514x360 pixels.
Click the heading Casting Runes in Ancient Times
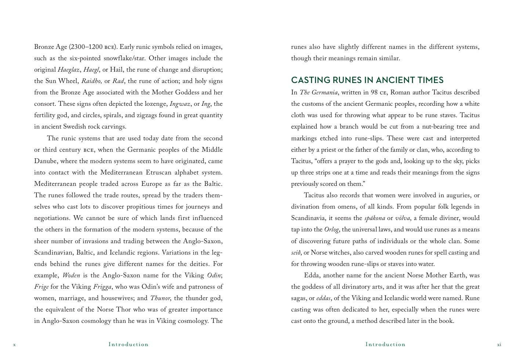pyautogui.click(x=367, y=80)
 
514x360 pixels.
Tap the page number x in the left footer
pyautogui.click(x=14, y=345)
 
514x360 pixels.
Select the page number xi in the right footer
pyautogui.click(x=499, y=345)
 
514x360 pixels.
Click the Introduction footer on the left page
pyautogui.click(x=128, y=345)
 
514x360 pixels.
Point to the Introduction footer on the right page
pyautogui.click(x=385, y=345)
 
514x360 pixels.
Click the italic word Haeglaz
pyautogui.click(x=69, y=70)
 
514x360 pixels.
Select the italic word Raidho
pyautogui.click(x=91, y=81)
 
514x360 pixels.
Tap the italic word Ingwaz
pyautogui.click(x=180, y=104)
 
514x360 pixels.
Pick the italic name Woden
pyautogui.click(x=71, y=276)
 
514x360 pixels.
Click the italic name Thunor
pyautogui.click(x=160, y=298)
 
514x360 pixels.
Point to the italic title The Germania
pyautogui.click(x=319, y=93)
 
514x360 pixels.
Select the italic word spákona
pyautogui.click(x=374, y=218)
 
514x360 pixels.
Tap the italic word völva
pyautogui.click(x=402, y=218)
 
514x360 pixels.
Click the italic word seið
pyautogui.click(x=296, y=253)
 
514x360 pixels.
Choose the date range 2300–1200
pyautogui.click(x=86, y=47)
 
